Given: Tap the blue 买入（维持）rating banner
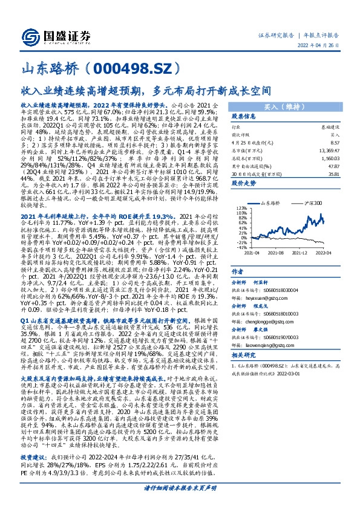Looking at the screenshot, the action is coord(298,106).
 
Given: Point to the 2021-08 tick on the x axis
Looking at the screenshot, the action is coord(288,254).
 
